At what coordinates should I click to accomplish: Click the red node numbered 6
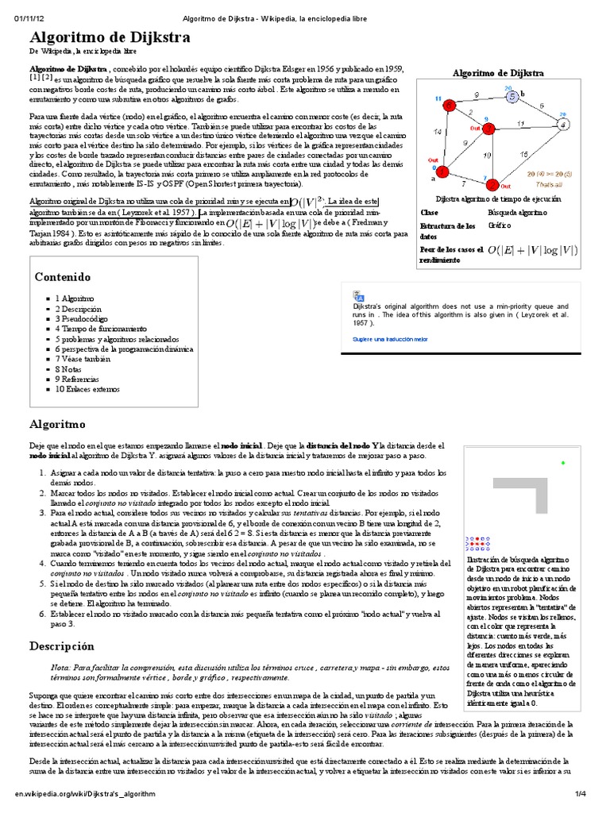tap(450, 104)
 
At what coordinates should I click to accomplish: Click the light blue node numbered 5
tap(512, 97)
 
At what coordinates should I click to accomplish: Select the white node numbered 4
tap(563, 125)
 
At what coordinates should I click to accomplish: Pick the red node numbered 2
tap(492, 183)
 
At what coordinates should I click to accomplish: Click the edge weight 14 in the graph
tap(438, 134)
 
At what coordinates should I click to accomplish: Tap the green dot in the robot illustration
tap(563, 463)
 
